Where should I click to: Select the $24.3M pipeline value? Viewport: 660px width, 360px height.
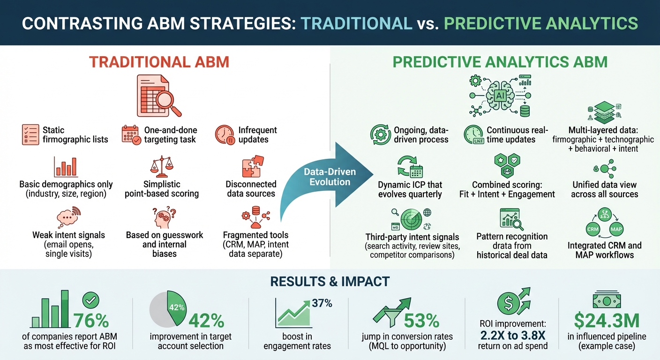point(607,320)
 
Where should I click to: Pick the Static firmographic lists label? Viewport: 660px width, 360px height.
point(75,135)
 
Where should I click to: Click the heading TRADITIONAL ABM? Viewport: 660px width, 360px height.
point(159,61)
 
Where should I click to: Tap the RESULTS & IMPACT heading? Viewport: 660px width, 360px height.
point(330,281)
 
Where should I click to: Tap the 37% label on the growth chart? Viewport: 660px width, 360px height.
point(322,303)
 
